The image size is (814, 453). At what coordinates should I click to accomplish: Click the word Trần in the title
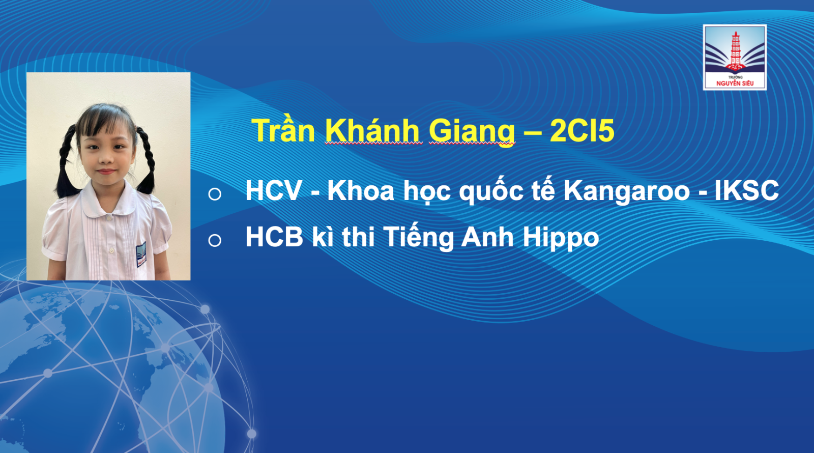pyautogui.click(x=283, y=130)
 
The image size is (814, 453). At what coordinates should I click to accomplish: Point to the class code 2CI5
pyautogui.click(x=582, y=130)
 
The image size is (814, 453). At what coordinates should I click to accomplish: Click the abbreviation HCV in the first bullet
pyautogui.click(x=274, y=190)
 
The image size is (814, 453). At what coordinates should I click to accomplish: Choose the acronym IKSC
pyautogui.click(x=747, y=190)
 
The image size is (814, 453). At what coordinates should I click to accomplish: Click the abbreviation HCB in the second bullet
pyautogui.click(x=274, y=237)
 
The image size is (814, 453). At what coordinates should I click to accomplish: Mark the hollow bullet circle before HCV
pyautogui.click(x=215, y=194)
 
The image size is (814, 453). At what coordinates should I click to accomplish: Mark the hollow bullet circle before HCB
pyautogui.click(x=215, y=240)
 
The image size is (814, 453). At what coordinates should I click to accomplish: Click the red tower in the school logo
pyautogui.click(x=736, y=51)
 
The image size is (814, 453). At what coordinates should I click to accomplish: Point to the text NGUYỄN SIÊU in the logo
pyautogui.click(x=735, y=83)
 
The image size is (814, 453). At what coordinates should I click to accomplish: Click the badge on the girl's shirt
pyautogui.click(x=141, y=254)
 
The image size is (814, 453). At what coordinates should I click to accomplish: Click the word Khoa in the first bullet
pyautogui.click(x=361, y=190)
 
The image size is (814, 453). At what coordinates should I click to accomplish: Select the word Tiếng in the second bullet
pyautogui.click(x=418, y=238)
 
